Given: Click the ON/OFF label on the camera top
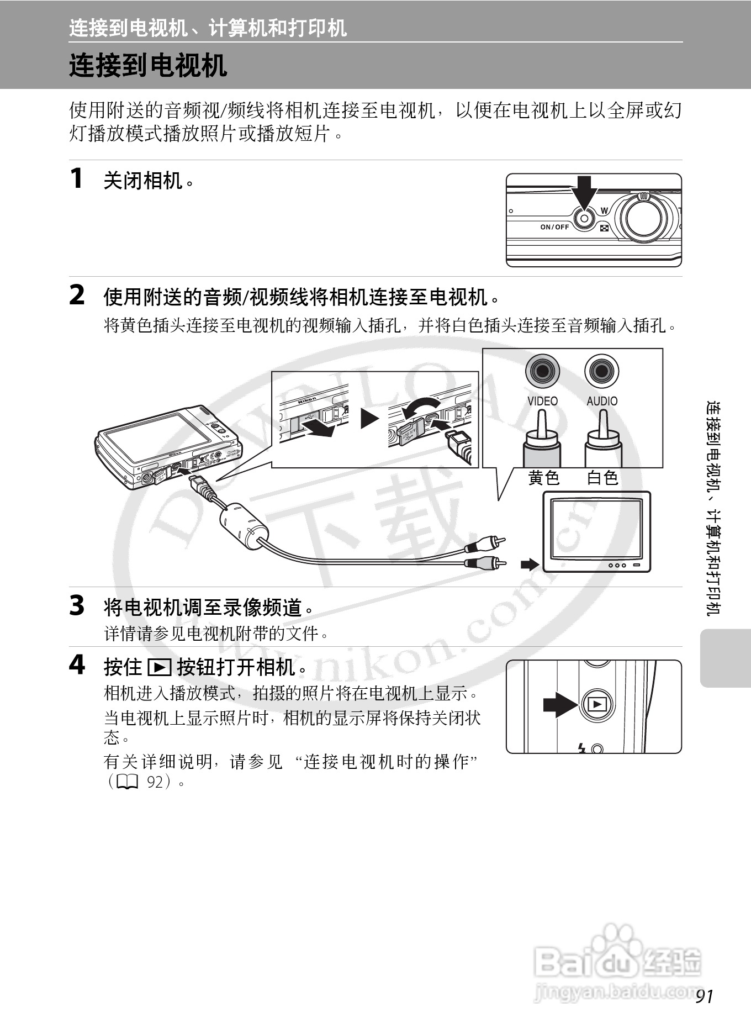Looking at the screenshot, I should click(554, 227).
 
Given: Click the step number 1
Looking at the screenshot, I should click(77, 178).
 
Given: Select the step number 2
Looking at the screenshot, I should click(77, 295).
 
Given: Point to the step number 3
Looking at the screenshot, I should click(77, 605).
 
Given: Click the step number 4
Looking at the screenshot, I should click(77, 664).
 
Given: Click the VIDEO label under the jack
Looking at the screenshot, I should click(542, 401).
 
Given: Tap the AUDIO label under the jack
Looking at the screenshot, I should click(602, 401).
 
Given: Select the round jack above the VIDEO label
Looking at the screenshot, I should click(542, 371).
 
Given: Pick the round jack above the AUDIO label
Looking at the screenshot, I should click(602, 371).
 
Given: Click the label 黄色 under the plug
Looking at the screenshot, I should click(544, 477).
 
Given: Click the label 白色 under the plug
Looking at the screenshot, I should click(602, 477).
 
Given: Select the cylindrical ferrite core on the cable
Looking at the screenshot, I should click(244, 525).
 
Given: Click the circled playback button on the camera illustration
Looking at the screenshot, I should click(597, 704).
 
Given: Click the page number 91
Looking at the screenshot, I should click(705, 996).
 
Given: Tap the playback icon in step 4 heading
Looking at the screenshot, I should click(160, 667).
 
